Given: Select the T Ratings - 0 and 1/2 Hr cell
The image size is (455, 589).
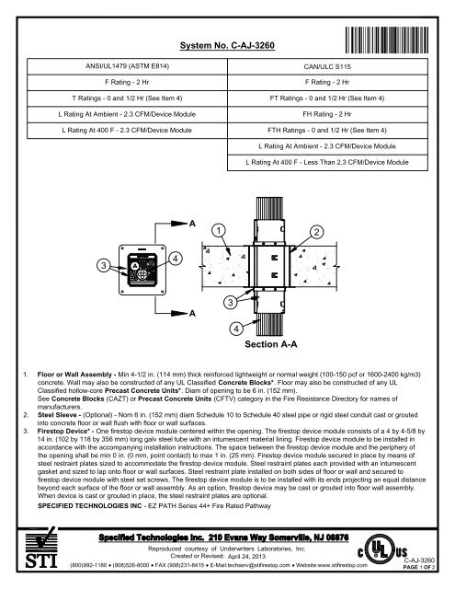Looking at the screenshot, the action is [135, 98].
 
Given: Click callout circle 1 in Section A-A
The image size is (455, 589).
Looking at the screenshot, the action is [218, 229].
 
